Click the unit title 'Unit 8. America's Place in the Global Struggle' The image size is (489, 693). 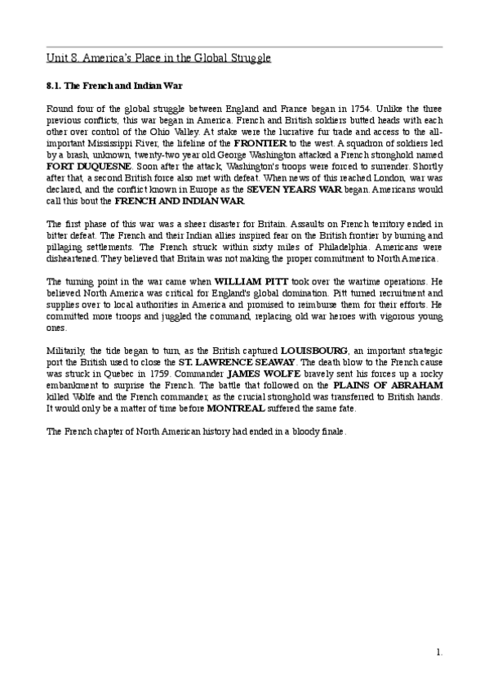point(158,58)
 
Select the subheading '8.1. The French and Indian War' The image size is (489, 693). point(113,85)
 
